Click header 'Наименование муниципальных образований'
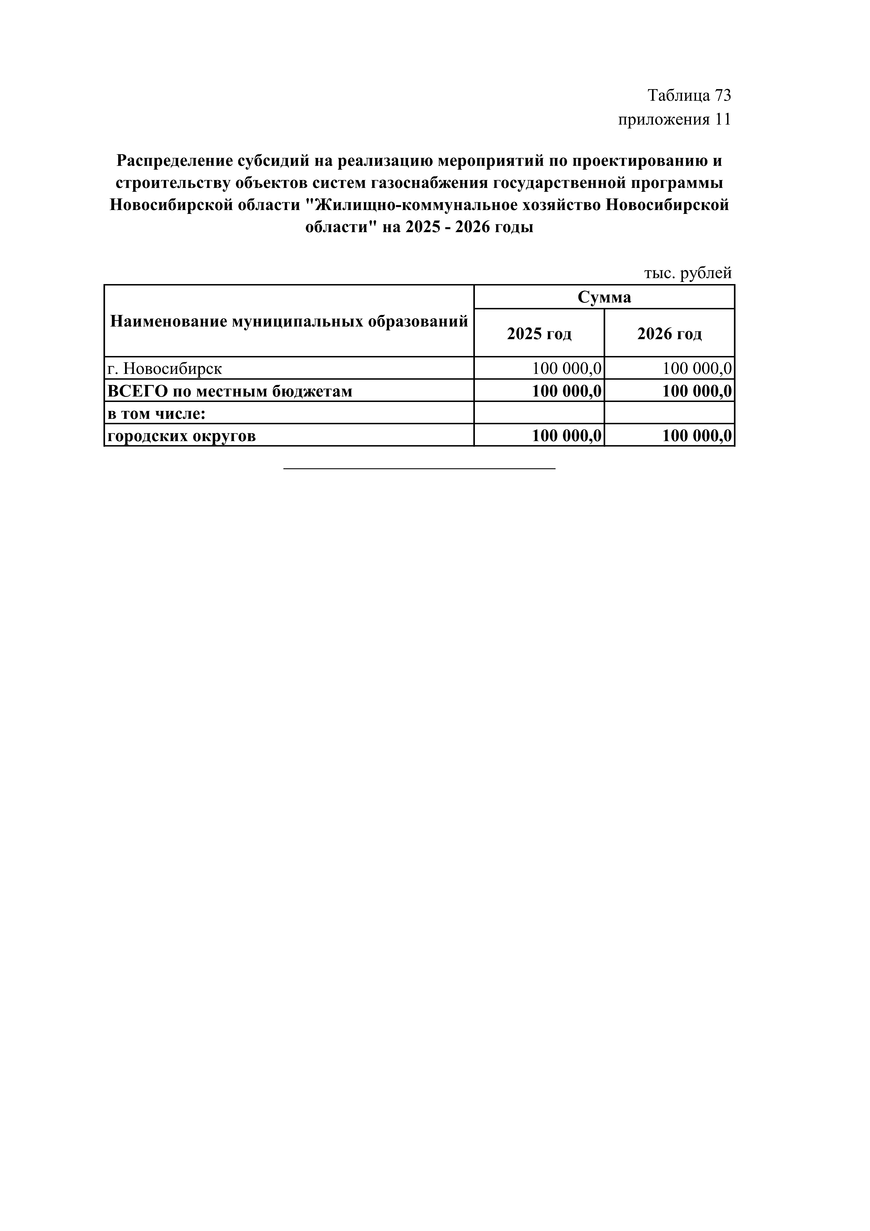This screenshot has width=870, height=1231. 289,321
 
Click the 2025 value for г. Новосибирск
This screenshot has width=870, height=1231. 567,369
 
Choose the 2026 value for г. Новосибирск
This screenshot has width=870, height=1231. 697,369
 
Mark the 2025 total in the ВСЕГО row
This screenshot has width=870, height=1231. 567,391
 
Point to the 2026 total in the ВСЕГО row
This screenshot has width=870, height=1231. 697,391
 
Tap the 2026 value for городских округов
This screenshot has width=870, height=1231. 697,436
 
